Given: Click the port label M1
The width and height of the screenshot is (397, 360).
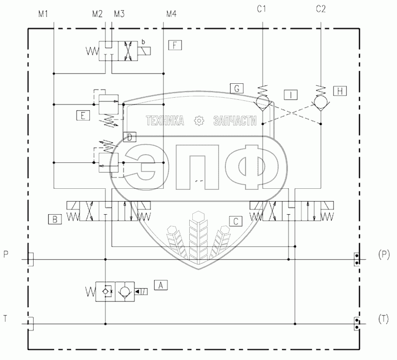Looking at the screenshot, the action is pyautogui.click(x=43, y=14).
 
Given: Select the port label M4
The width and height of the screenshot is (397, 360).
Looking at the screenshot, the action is pyautogui.click(x=172, y=14).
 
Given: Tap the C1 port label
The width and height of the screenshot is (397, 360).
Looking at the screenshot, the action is pyautogui.click(x=262, y=9).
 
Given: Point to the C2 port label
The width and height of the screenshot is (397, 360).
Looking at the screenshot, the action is pyautogui.click(x=321, y=9).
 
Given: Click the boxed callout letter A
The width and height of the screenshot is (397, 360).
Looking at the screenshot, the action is pyautogui.click(x=161, y=286).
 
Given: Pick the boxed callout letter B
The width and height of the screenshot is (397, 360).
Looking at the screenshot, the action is pyautogui.click(x=55, y=219).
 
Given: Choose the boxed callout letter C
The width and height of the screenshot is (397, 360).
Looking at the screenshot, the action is pyautogui.click(x=236, y=221).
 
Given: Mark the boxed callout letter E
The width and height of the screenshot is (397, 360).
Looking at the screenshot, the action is pyautogui.click(x=83, y=115).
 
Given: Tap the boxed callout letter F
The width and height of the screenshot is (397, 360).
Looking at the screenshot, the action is pyautogui.click(x=175, y=46).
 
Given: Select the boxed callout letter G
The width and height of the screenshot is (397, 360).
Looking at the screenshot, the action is pyautogui.click(x=237, y=88).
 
